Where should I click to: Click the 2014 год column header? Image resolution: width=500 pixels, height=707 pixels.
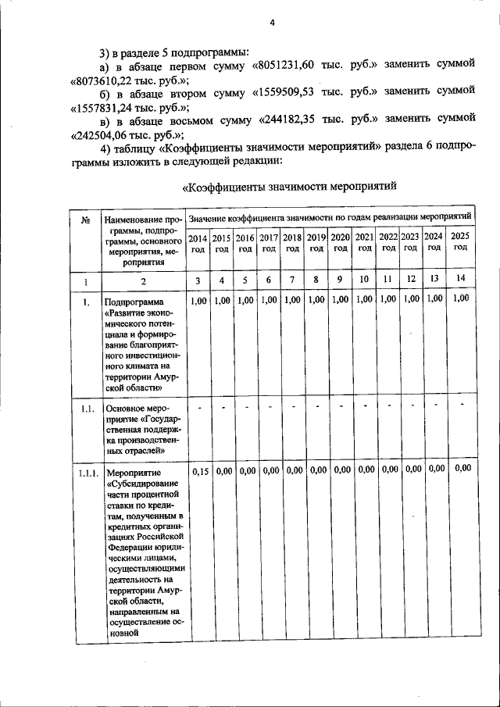click(x=198, y=241)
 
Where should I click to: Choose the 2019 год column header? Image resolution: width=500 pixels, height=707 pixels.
click(x=316, y=241)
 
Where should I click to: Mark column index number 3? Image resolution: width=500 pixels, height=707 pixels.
click(x=198, y=280)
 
